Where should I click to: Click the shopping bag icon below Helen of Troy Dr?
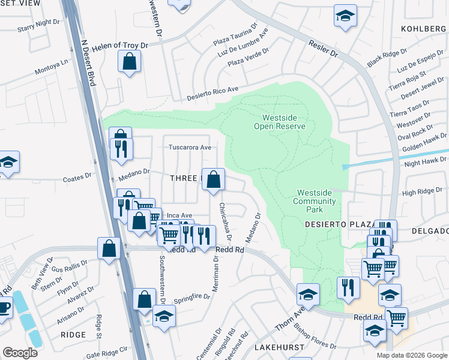[x=130, y=61]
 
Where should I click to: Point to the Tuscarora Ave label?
[x=190, y=147]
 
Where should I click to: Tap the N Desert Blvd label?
[x=88, y=63]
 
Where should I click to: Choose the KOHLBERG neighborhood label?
[x=424, y=28]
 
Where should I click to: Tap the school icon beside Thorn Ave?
[x=308, y=295]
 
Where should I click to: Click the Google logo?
[x=20, y=352]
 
